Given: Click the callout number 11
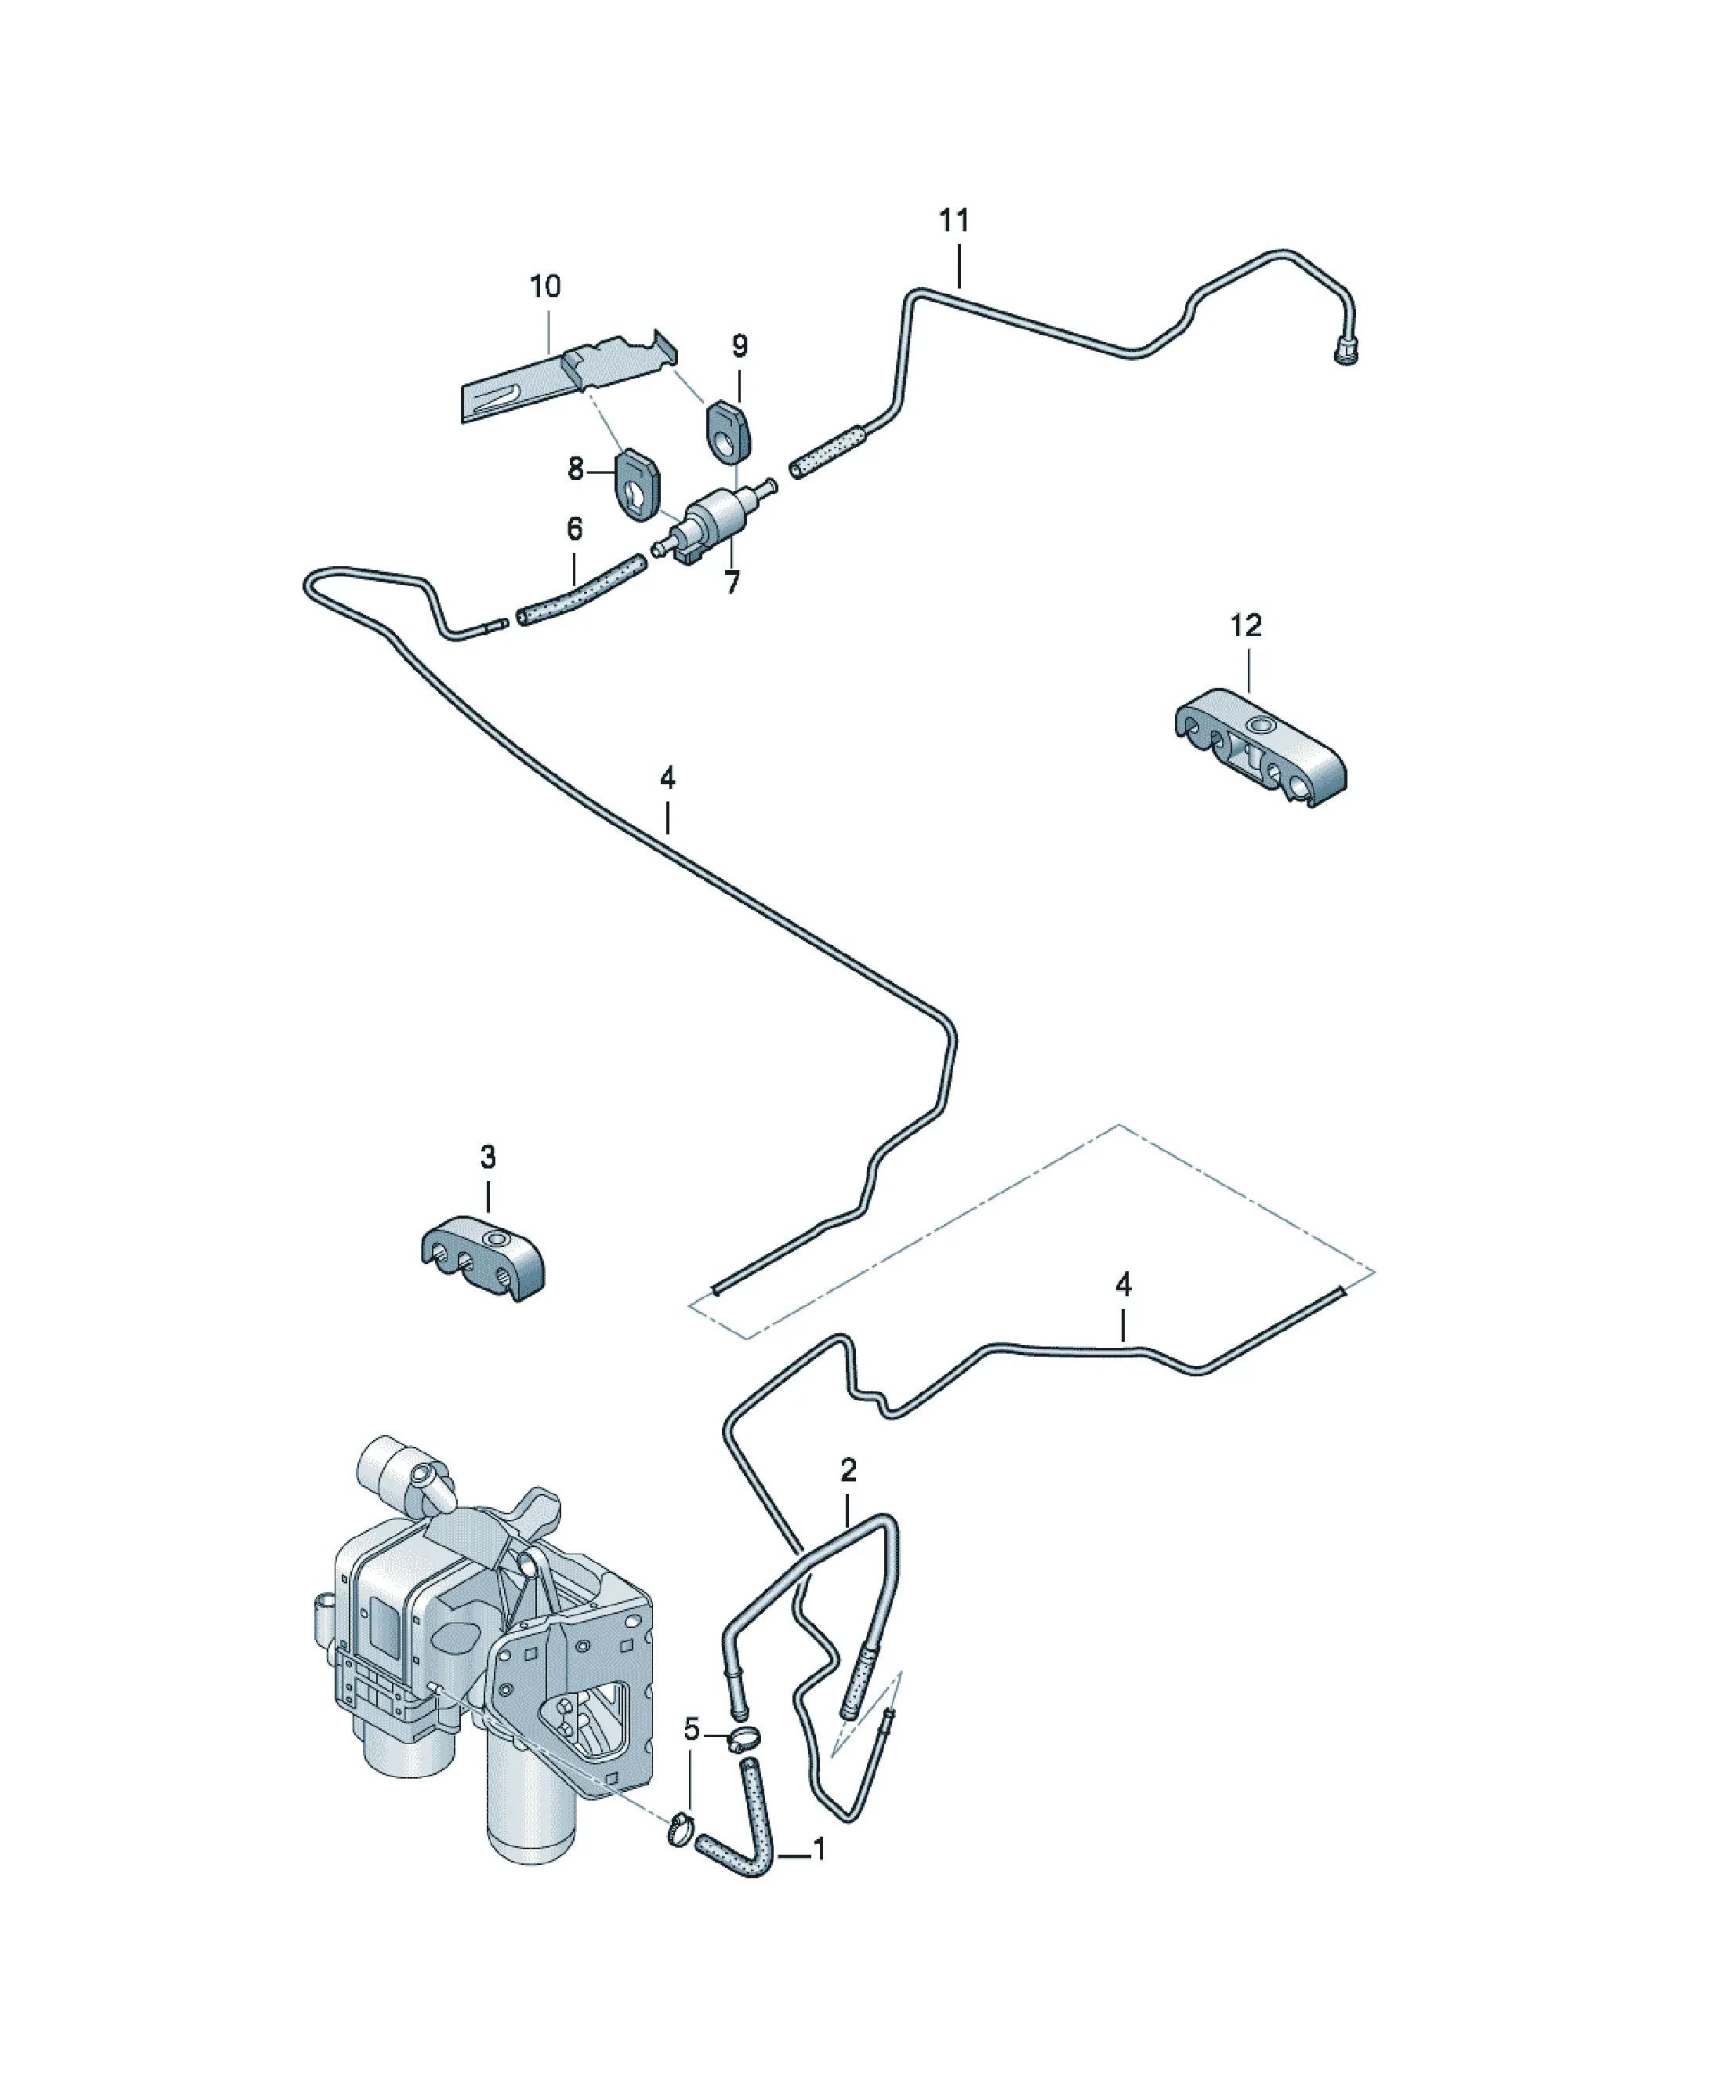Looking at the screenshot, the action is (x=954, y=221).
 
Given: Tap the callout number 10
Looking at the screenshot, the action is (x=546, y=287).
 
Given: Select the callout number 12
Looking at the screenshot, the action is (x=1246, y=626).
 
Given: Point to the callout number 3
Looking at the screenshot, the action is (x=488, y=1158).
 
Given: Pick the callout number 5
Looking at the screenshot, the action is (x=692, y=1731).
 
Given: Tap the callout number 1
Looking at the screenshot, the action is (x=819, y=1849).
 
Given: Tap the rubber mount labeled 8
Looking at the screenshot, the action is (x=638, y=484).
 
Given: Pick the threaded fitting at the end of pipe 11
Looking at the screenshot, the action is (x=1344, y=351).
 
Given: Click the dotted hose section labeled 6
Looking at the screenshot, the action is (x=582, y=591).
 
